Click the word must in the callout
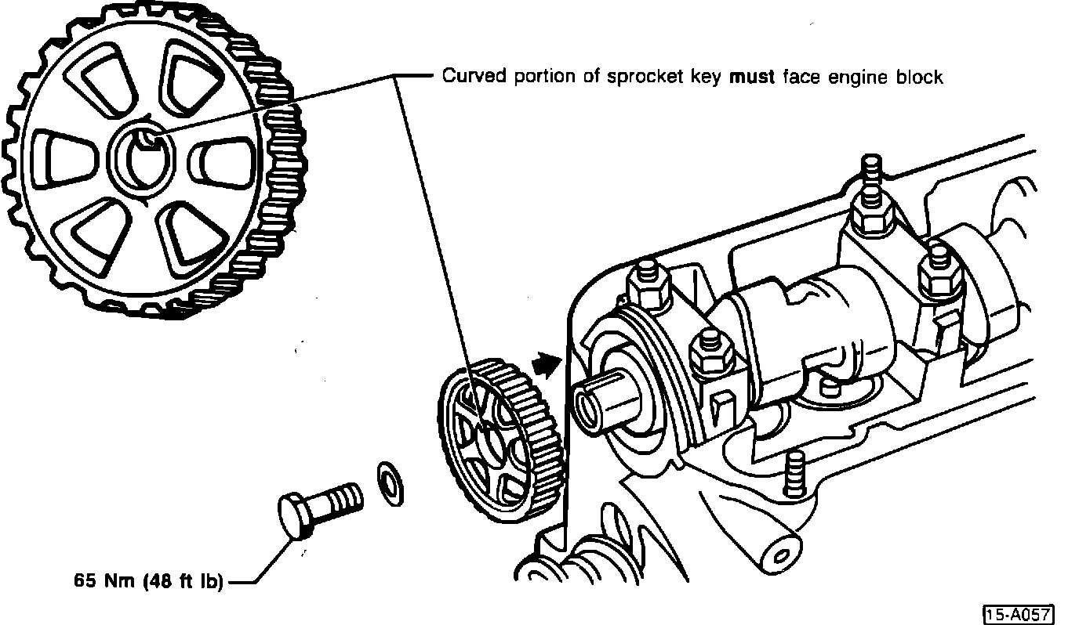752,76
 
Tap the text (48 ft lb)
183,581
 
